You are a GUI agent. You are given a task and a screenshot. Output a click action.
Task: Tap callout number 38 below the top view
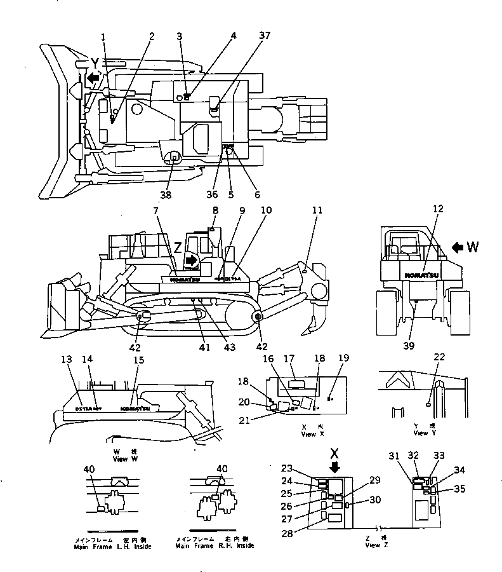[166, 194]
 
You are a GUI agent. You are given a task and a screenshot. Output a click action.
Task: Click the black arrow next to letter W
[456, 247]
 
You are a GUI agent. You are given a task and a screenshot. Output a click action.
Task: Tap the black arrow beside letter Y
[94, 78]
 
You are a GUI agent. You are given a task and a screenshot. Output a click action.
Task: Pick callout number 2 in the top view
[151, 36]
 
